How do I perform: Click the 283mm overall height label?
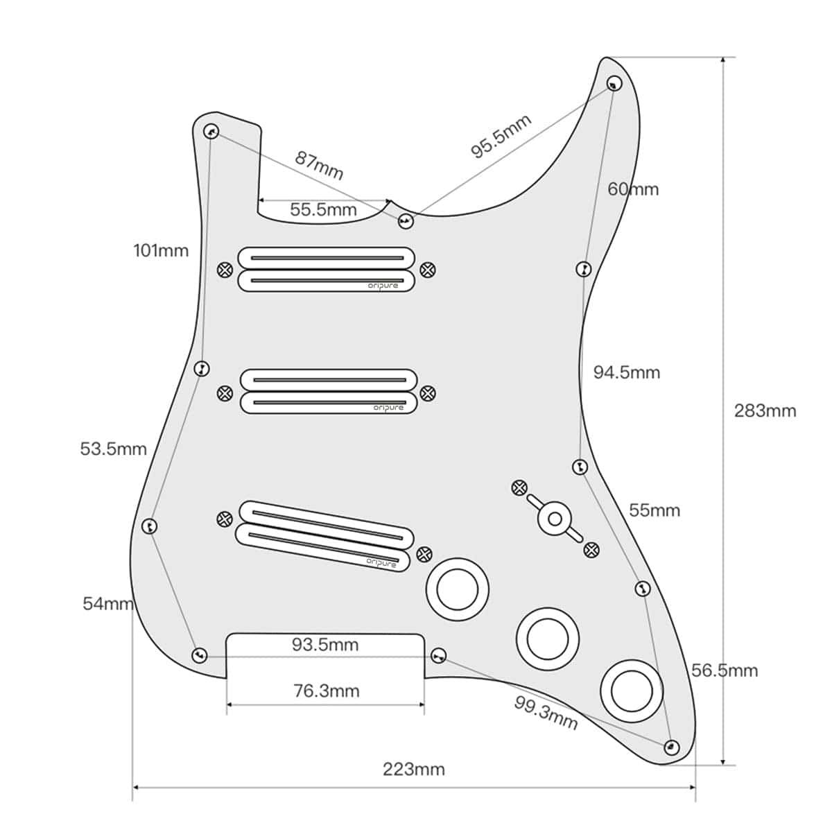pyautogui.click(x=765, y=410)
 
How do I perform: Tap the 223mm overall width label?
pyautogui.click(x=414, y=769)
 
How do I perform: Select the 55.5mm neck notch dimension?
pyautogui.click(x=323, y=209)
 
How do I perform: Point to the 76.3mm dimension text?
pyautogui.click(x=326, y=691)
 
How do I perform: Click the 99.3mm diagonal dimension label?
pyautogui.click(x=546, y=712)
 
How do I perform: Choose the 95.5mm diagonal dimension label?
pyautogui.click(x=501, y=136)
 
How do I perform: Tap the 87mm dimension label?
pyautogui.click(x=319, y=165)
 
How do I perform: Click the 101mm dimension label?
pyautogui.click(x=161, y=250)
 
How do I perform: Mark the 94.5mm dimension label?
pyautogui.click(x=626, y=372)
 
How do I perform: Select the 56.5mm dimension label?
pyautogui.click(x=725, y=670)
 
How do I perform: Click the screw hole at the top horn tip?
pyautogui.click(x=614, y=84)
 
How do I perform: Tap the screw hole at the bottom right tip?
pyautogui.click(x=670, y=747)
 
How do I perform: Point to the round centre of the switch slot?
pyautogui.click(x=555, y=519)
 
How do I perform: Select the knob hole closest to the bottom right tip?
pyautogui.click(x=632, y=691)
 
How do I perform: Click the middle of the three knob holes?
pyautogui.click(x=547, y=639)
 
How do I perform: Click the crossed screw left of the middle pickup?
pyautogui.click(x=225, y=393)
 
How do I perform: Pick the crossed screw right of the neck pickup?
pyautogui.click(x=428, y=270)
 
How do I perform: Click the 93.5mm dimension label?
pyautogui.click(x=325, y=645)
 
